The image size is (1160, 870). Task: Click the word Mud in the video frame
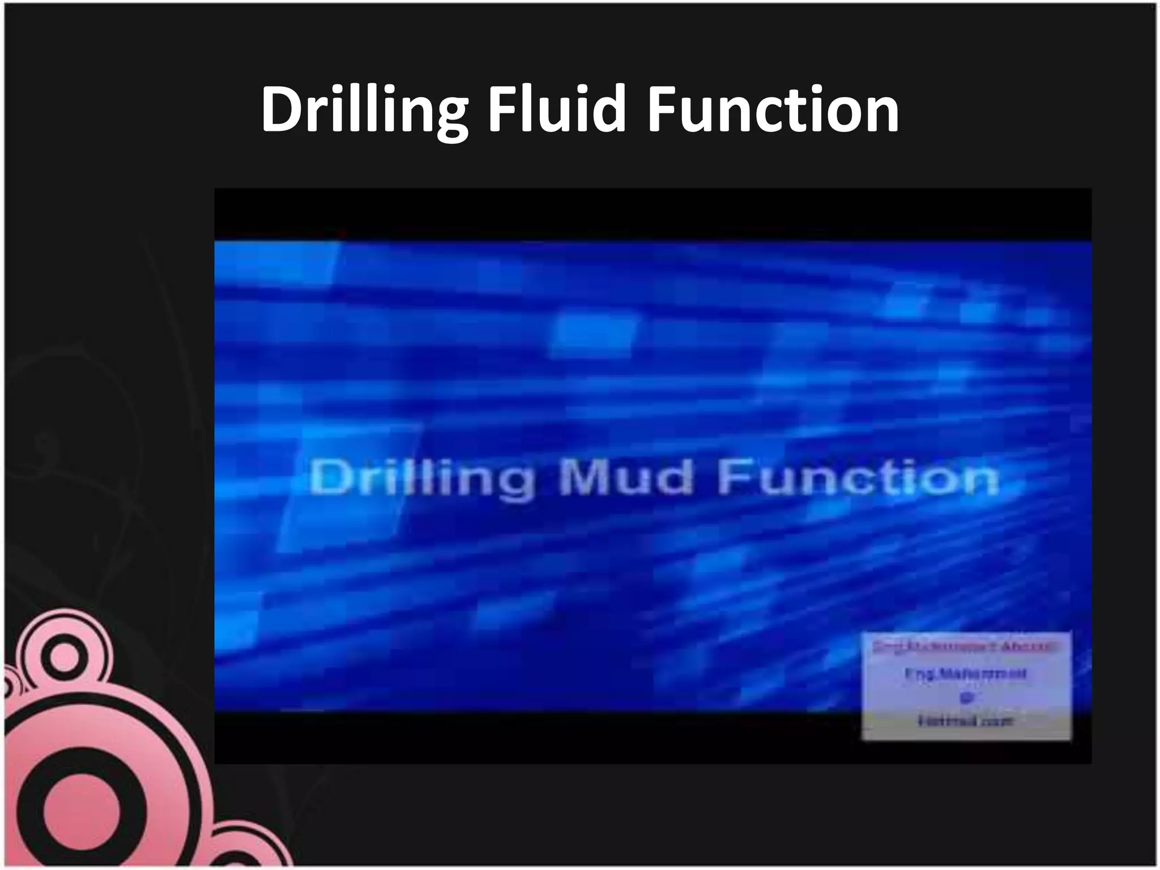point(625,477)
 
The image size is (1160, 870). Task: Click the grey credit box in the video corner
point(966,686)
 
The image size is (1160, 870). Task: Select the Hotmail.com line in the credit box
point(965,721)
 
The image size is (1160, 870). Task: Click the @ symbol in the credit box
point(966,698)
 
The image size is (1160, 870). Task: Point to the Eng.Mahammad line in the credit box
point(966,674)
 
